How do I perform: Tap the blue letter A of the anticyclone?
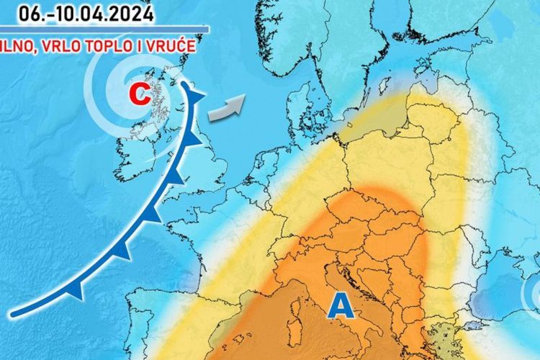pos(343,307)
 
